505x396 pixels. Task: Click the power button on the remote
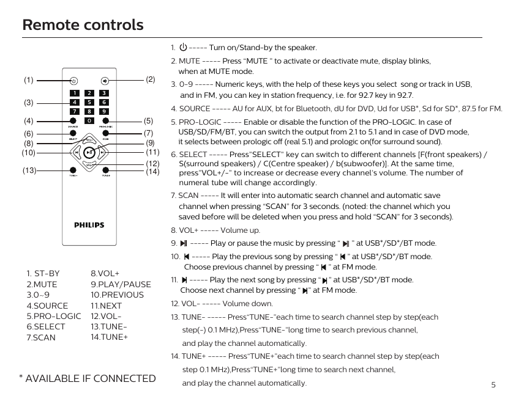(x=73, y=80)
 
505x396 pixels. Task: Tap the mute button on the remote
(x=105, y=80)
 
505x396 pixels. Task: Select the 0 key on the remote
(x=89, y=121)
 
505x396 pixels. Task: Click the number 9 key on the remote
(x=105, y=111)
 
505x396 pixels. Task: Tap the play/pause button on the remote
(x=89, y=152)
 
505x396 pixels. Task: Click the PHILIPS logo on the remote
(x=89, y=225)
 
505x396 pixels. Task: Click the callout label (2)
(x=151, y=79)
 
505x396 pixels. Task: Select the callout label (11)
(x=152, y=152)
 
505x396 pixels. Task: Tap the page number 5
(x=493, y=385)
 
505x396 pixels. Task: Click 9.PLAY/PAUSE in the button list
(x=121, y=284)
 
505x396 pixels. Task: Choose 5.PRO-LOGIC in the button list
(x=54, y=316)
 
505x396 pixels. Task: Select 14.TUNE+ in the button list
(x=109, y=337)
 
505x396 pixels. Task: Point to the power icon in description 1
(x=183, y=47)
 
